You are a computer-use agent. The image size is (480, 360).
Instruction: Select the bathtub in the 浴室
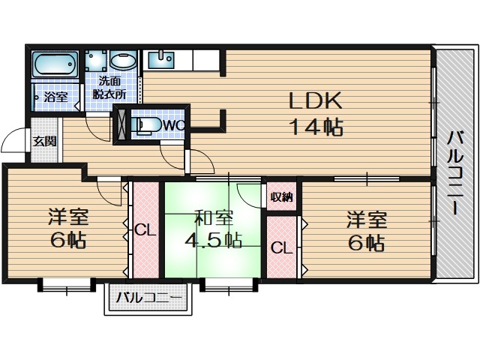tap(55, 66)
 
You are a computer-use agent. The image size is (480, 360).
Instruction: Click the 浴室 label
tap(55, 97)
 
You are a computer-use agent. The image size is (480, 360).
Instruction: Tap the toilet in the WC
tap(147, 124)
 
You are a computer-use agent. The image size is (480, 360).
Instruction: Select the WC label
tap(173, 124)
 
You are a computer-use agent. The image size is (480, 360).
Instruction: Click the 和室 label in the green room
tap(214, 218)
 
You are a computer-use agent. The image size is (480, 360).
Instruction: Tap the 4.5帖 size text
tap(214, 241)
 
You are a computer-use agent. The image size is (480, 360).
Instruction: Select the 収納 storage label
tap(282, 197)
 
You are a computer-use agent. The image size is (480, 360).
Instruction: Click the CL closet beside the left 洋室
tap(145, 230)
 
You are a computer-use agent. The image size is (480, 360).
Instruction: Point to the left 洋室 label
tap(68, 218)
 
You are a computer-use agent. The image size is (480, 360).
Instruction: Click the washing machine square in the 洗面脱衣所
tap(95, 61)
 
